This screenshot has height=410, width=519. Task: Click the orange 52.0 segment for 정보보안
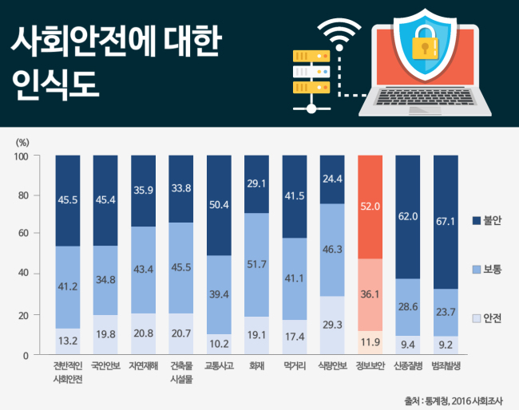click(x=370, y=207)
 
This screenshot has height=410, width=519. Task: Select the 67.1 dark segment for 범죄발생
click(x=446, y=222)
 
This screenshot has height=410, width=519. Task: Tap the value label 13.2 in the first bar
click(x=68, y=341)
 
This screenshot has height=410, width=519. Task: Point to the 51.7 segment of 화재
click(x=256, y=265)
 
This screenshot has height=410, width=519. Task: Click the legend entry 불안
click(x=487, y=220)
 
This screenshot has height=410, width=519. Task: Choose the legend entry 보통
click(x=487, y=269)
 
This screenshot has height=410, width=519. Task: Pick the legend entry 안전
click(x=487, y=318)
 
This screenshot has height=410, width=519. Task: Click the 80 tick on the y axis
click(x=23, y=195)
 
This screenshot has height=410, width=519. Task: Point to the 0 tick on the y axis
click(x=26, y=356)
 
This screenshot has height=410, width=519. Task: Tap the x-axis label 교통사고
click(x=219, y=365)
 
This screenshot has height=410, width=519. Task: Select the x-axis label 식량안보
click(x=332, y=365)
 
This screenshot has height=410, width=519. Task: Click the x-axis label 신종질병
click(x=408, y=365)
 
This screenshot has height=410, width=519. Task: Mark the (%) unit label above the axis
click(x=22, y=143)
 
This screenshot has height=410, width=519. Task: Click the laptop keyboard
click(x=425, y=97)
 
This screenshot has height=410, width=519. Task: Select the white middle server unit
click(x=311, y=72)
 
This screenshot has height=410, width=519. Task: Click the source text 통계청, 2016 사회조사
click(x=464, y=401)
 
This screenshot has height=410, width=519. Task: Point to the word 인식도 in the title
click(x=55, y=84)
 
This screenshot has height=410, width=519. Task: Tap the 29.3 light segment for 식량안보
click(x=332, y=325)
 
